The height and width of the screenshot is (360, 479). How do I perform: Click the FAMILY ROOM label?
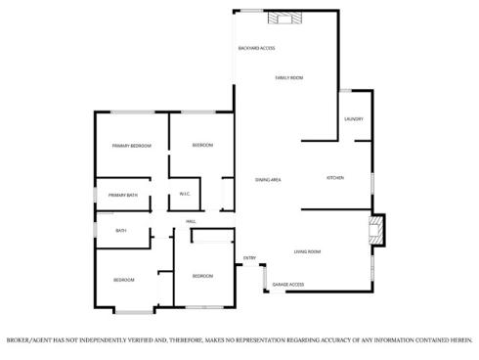point(288,77)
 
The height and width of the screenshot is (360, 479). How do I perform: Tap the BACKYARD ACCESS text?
point(256,48)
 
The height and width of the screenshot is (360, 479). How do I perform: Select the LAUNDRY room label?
point(354,119)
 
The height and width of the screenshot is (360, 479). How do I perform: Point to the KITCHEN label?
point(335,178)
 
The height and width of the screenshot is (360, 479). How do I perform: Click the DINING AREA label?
point(269,180)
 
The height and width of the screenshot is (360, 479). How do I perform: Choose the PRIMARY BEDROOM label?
point(131,146)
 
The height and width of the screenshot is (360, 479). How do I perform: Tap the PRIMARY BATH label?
point(123,195)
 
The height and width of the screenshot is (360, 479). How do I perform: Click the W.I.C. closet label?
point(184,195)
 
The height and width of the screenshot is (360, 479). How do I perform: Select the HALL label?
point(193,221)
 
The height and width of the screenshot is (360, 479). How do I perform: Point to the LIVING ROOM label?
point(308,251)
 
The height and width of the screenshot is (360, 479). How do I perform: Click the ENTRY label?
point(249,258)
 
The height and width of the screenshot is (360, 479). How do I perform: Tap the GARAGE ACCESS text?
point(288,285)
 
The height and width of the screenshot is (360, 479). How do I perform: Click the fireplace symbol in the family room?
point(287,17)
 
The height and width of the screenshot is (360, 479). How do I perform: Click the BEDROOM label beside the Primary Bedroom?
point(202,145)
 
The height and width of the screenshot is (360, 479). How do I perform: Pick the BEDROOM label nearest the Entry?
point(202,276)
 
